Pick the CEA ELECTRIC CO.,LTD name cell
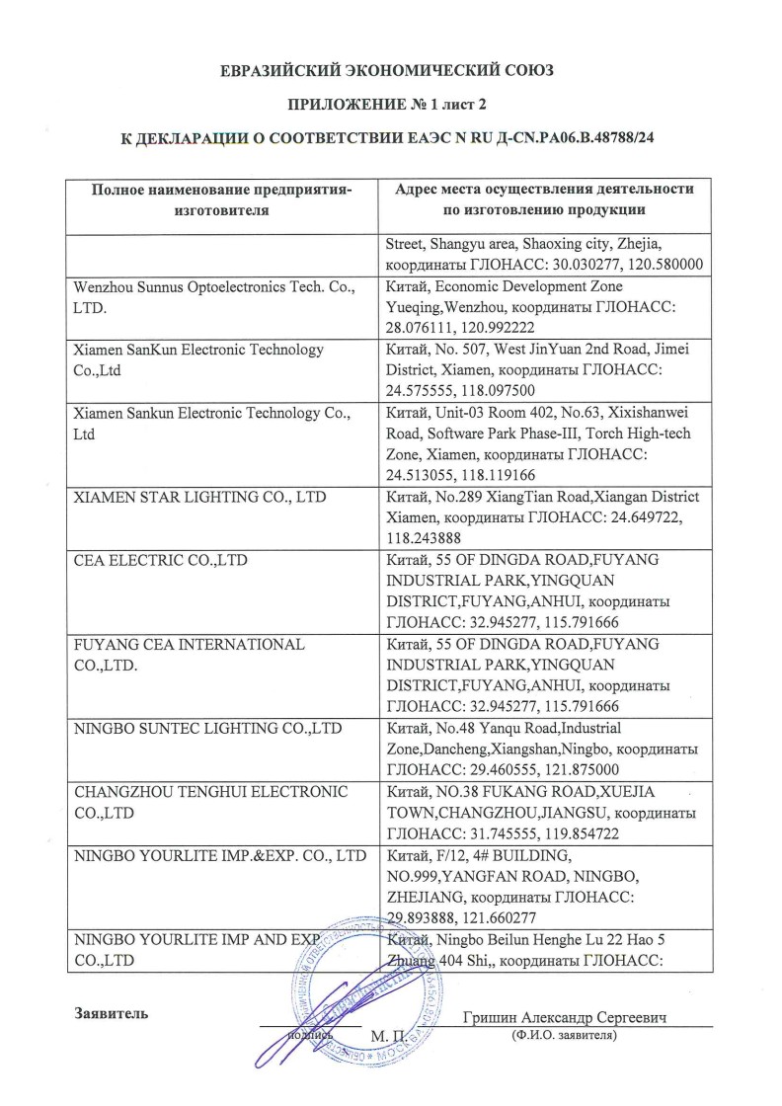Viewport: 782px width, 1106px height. click(162, 561)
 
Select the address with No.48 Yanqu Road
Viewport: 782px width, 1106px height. click(541, 749)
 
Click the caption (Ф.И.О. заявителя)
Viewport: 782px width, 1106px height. click(565, 1036)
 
